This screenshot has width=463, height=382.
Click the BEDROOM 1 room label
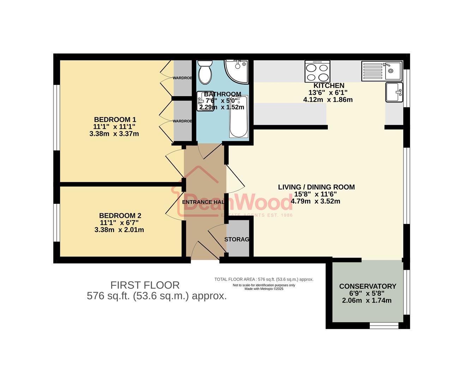[x=115, y=120]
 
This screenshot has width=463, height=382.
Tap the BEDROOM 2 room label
[x=120, y=215]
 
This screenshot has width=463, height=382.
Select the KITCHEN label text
[x=329, y=86]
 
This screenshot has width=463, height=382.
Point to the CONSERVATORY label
[x=367, y=286]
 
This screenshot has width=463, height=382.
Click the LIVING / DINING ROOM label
[x=316, y=187]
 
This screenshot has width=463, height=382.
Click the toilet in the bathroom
[x=204, y=71]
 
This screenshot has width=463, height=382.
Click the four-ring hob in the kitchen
[x=317, y=71]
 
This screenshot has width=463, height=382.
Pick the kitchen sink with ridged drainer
[x=381, y=71]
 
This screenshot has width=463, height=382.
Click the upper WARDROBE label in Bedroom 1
[x=182, y=78]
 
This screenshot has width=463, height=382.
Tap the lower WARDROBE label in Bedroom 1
[x=182, y=121]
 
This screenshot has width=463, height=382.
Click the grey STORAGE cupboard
[x=237, y=239]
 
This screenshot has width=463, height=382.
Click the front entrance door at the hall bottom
[x=199, y=250]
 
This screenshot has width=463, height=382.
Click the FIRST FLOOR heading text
[x=145, y=285]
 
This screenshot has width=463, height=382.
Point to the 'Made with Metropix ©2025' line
[x=264, y=289]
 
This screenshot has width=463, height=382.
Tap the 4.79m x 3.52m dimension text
[x=315, y=201]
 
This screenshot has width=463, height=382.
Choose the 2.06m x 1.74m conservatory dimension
[x=367, y=301]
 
